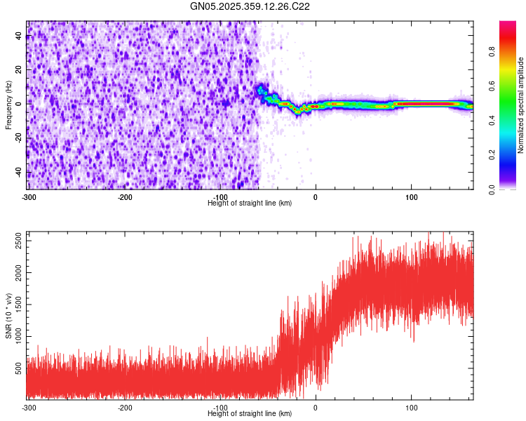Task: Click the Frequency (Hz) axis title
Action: (8, 105)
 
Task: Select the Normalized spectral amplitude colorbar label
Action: (521, 105)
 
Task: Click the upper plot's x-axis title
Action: (250, 203)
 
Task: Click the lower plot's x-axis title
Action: (250, 413)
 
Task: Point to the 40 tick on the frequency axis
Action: (19, 36)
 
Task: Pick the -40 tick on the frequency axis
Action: (19, 173)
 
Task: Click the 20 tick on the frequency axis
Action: (19, 70)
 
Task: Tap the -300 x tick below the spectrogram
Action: (29, 197)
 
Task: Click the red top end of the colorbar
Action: (508, 25)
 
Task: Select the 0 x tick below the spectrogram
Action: (316, 197)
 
